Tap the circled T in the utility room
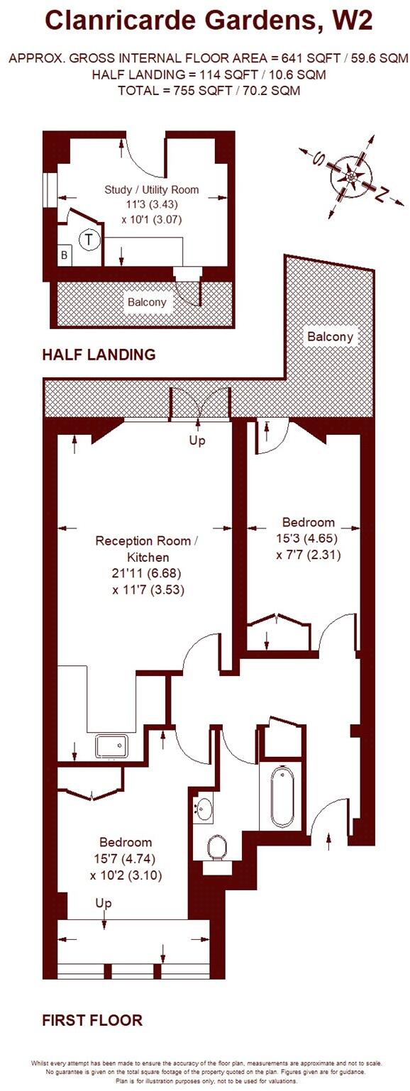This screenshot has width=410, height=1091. (x=89, y=240)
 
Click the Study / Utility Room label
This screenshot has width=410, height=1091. (x=151, y=189)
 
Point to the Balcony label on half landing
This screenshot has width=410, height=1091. (x=147, y=302)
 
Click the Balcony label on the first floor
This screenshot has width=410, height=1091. (x=329, y=337)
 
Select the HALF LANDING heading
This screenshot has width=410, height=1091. (x=99, y=355)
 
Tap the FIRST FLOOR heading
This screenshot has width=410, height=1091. (x=92, y=1020)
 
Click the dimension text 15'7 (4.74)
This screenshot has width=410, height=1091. (x=126, y=859)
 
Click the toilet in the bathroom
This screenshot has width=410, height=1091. (x=218, y=846)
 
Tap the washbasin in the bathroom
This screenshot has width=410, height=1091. (x=203, y=807)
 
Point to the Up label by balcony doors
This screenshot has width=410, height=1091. (x=197, y=441)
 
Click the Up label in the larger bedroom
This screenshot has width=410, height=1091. (x=104, y=903)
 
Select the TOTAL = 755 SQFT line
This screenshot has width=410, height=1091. (x=209, y=90)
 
